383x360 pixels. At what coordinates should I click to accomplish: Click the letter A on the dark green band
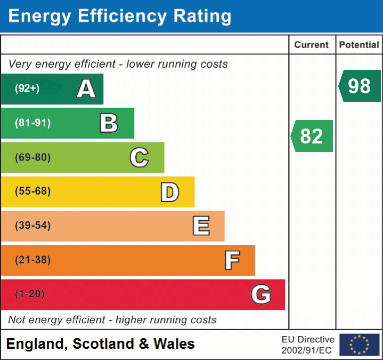86,89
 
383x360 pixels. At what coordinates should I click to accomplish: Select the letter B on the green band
109,123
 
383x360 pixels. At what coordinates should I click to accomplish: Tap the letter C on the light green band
139,157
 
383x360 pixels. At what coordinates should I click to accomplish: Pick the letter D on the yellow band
169,192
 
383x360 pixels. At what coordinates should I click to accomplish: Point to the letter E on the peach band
201,226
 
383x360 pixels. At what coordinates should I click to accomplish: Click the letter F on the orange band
232,260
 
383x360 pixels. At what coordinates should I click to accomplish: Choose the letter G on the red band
261,294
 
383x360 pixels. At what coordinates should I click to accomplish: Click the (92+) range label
27,89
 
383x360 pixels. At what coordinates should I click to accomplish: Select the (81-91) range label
33,123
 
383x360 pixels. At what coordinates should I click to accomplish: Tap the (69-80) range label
33,157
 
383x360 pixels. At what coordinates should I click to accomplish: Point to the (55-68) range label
33,191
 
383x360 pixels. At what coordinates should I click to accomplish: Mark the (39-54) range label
33,226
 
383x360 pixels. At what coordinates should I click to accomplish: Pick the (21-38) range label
33,260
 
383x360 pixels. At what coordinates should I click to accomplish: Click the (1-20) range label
30,294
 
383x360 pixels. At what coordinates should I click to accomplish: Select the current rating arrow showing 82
312,136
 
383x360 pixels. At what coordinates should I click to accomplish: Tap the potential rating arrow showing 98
360,86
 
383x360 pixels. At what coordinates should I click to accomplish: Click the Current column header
312,45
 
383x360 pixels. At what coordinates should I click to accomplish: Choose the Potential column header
359,45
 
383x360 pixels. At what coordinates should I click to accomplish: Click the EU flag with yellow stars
359,345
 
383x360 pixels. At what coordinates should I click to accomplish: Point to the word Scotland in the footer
103,344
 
